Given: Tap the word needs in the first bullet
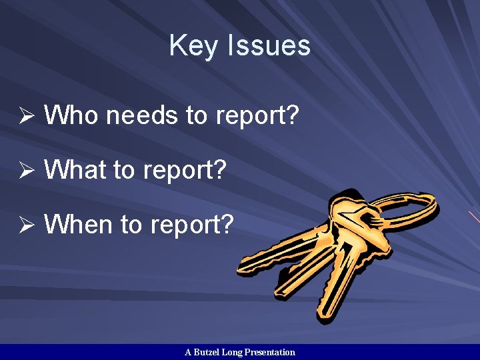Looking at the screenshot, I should click(142, 117).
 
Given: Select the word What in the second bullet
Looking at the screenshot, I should click(75, 170).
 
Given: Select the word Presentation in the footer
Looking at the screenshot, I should click(270, 352).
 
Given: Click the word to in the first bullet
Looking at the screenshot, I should click(196, 117).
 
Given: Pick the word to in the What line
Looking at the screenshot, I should click(124, 171).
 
